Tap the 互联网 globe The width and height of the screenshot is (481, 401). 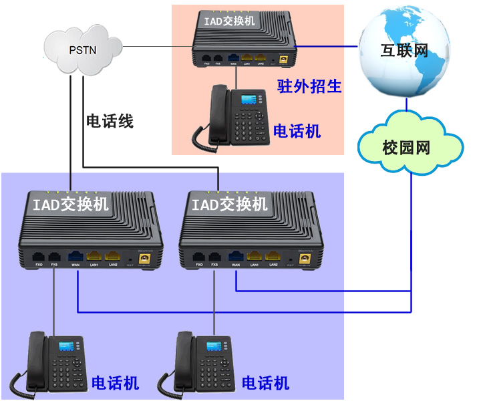(x=402, y=49)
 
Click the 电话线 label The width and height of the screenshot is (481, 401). (x=110, y=121)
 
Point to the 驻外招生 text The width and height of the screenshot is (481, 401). (x=309, y=86)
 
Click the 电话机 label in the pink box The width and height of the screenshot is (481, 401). (x=297, y=131)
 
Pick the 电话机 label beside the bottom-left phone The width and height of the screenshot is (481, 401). (x=115, y=383)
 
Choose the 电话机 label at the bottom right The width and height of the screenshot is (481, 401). (x=265, y=383)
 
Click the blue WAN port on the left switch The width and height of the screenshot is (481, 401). (x=75, y=256)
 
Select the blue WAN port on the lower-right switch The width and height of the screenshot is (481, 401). (x=235, y=256)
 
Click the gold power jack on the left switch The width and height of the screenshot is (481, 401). (x=142, y=258)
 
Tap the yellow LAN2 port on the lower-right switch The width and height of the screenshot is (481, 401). (x=272, y=256)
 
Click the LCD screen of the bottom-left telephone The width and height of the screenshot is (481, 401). (x=67, y=346)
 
